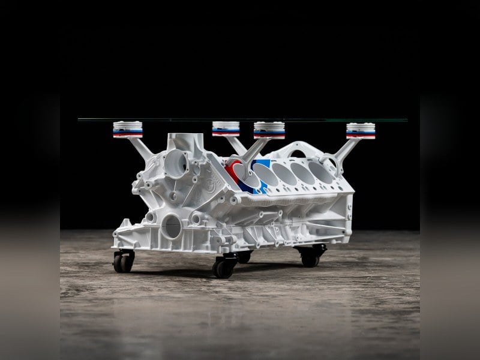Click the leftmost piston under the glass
pyautogui.click(x=128, y=130)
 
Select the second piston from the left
pyautogui.click(x=226, y=129)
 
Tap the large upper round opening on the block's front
pyautogui.click(x=175, y=163)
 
